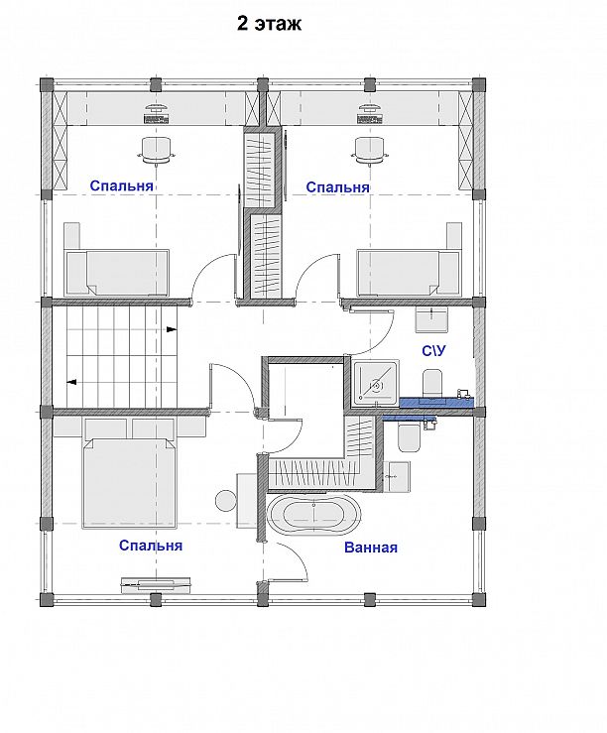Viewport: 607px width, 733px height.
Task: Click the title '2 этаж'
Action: (x=269, y=24)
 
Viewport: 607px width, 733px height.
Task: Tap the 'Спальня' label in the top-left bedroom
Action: (x=121, y=185)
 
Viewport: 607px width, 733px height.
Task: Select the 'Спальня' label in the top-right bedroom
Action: (x=337, y=187)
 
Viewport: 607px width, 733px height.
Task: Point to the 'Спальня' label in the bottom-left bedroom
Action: (x=151, y=546)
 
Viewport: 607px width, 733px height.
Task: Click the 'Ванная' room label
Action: (x=371, y=548)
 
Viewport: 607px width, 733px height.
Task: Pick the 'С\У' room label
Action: (x=433, y=350)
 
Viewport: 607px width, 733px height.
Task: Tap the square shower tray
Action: (x=376, y=383)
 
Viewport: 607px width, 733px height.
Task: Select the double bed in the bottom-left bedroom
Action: (x=130, y=483)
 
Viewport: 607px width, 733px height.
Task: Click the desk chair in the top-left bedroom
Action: (x=156, y=150)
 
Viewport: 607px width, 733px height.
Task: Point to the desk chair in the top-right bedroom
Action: (x=371, y=150)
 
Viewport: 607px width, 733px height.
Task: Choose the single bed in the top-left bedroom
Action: (x=116, y=274)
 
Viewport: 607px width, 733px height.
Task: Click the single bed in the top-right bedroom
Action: (x=410, y=274)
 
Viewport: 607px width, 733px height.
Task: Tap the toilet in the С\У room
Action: (x=432, y=382)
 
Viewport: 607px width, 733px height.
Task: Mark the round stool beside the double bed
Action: (x=226, y=501)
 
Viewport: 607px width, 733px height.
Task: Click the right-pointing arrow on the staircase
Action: (x=172, y=329)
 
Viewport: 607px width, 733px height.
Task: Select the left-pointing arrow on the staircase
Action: (x=71, y=383)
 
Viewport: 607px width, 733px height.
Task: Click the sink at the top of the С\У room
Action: (x=431, y=320)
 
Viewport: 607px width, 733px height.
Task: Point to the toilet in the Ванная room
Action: (x=409, y=438)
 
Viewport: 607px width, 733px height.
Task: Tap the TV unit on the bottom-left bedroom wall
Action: (x=156, y=584)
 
